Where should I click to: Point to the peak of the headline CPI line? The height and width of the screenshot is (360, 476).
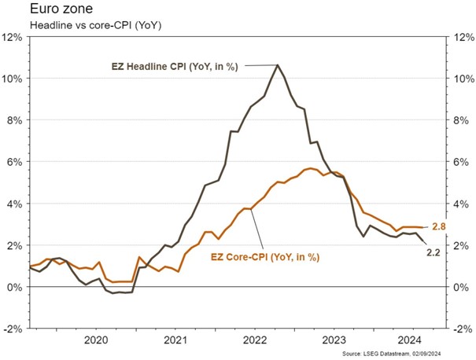278,65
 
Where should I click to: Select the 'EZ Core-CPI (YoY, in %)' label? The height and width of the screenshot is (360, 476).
268,256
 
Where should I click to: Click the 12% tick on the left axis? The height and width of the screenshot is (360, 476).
13,37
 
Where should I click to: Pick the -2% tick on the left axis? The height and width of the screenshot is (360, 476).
14,329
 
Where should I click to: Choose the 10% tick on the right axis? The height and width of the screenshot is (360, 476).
460,79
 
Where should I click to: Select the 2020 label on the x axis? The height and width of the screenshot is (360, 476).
95,340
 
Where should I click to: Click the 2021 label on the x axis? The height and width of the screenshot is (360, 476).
176,340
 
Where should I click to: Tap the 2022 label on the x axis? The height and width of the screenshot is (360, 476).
256,340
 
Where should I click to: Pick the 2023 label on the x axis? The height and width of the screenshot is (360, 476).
336,340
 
